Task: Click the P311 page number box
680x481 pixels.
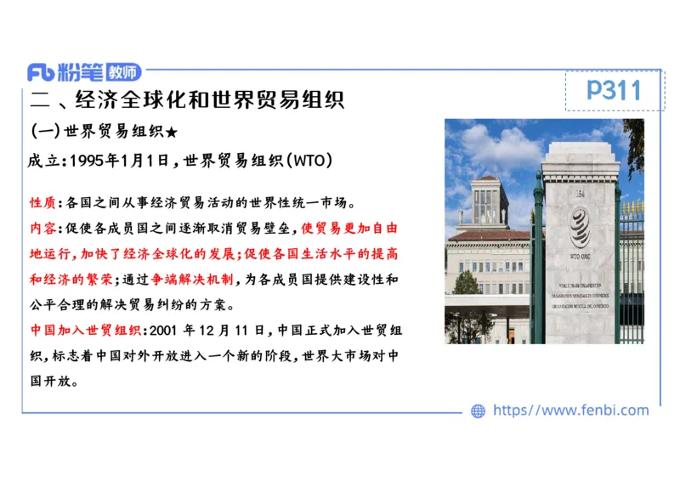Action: pyautogui.click(x=614, y=89)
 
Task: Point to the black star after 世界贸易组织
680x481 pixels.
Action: pyautogui.click(x=172, y=133)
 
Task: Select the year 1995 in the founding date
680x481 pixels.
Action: pyautogui.click(x=87, y=161)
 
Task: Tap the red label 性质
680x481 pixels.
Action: pyautogui.click(x=42, y=203)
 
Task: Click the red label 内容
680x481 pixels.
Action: pyautogui.click(x=42, y=229)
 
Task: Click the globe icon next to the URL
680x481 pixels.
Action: pyautogui.click(x=478, y=411)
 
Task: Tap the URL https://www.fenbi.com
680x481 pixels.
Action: pyautogui.click(x=570, y=410)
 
